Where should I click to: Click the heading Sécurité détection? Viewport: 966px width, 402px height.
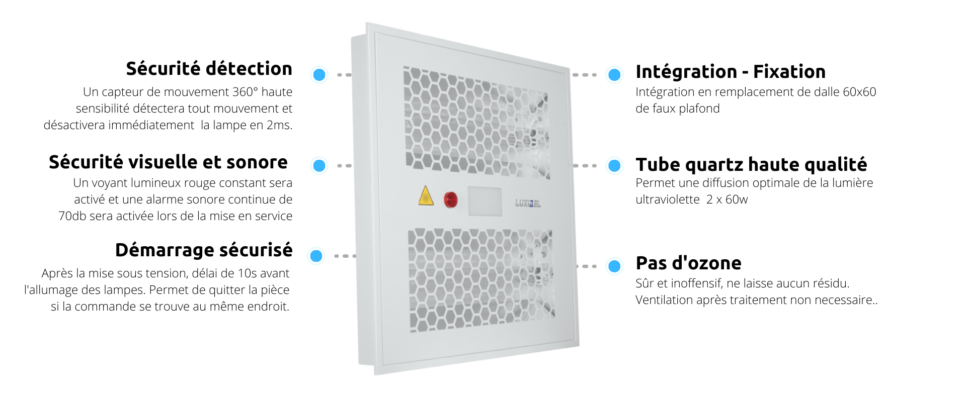(x=209, y=68)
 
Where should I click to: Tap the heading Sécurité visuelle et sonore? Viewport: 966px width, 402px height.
(x=168, y=162)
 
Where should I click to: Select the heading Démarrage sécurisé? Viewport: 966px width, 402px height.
(x=204, y=250)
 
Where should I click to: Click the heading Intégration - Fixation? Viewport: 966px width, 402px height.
(x=731, y=72)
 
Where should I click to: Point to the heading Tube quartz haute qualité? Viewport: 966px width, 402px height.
(x=752, y=164)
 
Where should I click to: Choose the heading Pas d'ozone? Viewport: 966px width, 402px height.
(x=688, y=263)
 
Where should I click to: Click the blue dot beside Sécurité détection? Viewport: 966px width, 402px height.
(x=319, y=75)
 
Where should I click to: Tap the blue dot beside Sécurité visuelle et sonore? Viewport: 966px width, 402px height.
(x=319, y=165)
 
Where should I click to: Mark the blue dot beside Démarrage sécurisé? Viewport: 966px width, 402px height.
(x=316, y=256)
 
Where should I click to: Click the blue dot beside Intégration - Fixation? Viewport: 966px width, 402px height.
(x=614, y=75)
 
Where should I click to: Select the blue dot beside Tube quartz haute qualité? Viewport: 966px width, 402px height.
(x=614, y=165)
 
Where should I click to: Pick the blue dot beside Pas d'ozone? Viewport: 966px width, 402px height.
(x=614, y=266)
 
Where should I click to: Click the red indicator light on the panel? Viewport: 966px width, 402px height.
(x=451, y=199)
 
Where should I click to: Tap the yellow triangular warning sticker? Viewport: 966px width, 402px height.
(x=426, y=196)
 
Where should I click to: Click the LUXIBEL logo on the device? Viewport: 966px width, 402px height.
(x=528, y=203)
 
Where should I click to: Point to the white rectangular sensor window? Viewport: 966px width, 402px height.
(x=485, y=202)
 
